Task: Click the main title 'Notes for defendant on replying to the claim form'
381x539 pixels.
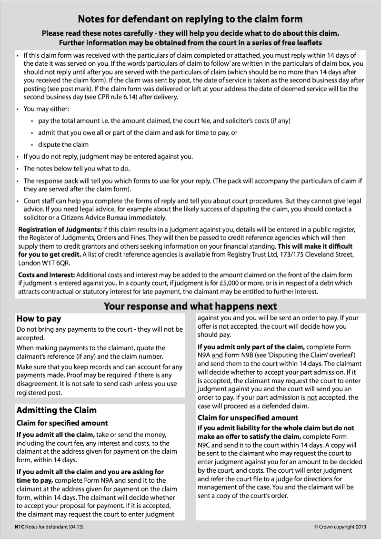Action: point(190,19)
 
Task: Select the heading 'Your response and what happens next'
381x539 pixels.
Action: point(190,306)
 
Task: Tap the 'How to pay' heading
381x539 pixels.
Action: point(39,319)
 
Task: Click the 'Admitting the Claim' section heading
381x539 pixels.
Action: point(56,410)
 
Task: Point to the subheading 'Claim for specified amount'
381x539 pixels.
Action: point(62,423)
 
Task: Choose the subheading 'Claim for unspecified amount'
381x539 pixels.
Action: point(248,418)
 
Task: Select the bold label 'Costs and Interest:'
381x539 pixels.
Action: point(46,275)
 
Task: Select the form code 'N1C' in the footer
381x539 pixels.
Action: point(19,527)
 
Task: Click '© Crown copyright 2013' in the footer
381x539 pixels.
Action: point(340,527)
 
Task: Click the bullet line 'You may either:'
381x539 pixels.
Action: point(46,109)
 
